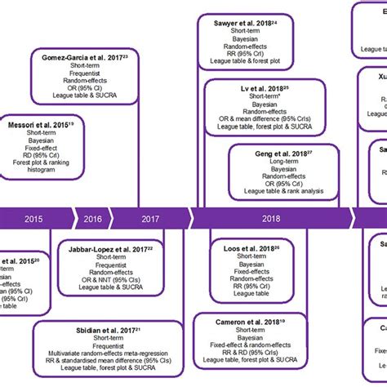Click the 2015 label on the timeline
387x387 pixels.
click(x=35, y=219)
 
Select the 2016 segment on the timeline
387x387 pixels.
click(x=92, y=219)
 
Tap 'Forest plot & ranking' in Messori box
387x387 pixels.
click(x=35, y=169)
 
